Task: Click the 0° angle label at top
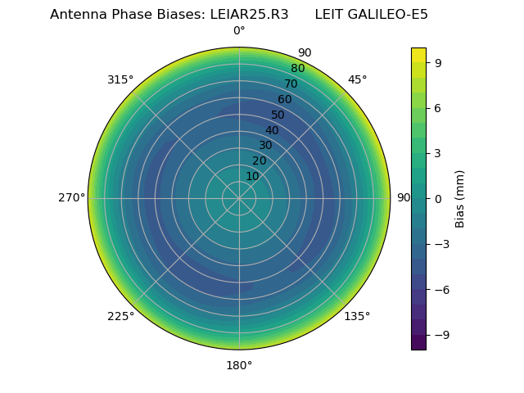click(239, 31)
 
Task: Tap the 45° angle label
click(358, 79)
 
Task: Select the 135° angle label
click(357, 316)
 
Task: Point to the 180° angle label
click(239, 365)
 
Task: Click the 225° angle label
click(120, 316)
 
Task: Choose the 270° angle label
click(71, 198)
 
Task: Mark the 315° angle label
click(120, 79)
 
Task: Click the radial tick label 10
click(252, 176)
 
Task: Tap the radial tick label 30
click(265, 146)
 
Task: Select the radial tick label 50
click(278, 115)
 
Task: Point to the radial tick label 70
click(291, 84)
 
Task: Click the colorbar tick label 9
click(439, 62)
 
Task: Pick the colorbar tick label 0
click(439, 198)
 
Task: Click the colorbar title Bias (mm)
click(460, 198)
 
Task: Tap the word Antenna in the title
click(78, 14)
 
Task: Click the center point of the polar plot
click(239, 198)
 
